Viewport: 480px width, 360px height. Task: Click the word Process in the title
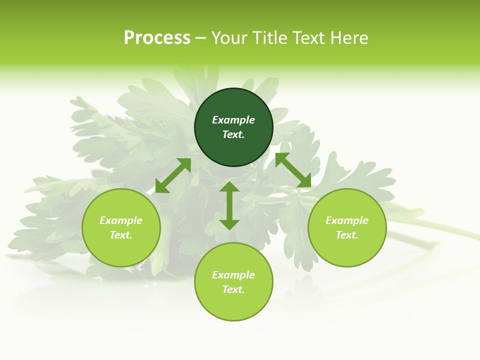pyautogui.click(x=157, y=38)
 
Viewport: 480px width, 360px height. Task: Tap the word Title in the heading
pyautogui.click(x=270, y=38)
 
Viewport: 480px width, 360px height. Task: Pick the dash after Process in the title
pyautogui.click(x=200, y=38)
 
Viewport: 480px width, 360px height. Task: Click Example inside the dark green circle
pyautogui.click(x=233, y=120)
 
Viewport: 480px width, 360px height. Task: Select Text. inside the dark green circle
pyautogui.click(x=233, y=134)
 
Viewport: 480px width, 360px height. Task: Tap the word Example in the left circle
pyautogui.click(x=121, y=220)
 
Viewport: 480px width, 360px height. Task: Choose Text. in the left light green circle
pyautogui.click(x=121, y=235)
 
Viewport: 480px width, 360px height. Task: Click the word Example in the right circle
pyautogui.click(x=347, y=220)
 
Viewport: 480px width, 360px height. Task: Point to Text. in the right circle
pyautogui.click(x=347, y=235)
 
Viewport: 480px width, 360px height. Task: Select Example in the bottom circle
pyautogui.click(x=233, y=275)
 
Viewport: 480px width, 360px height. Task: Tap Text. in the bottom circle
pyautogui.click(x=233, y=289)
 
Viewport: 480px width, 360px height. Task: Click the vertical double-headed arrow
pyautogui.click(x=229, y=205)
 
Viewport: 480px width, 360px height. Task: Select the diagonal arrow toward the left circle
pyautogui.click(x=173, y=175)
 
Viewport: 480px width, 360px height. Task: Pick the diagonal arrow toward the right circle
pyautogui.click(x=293, y=170)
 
